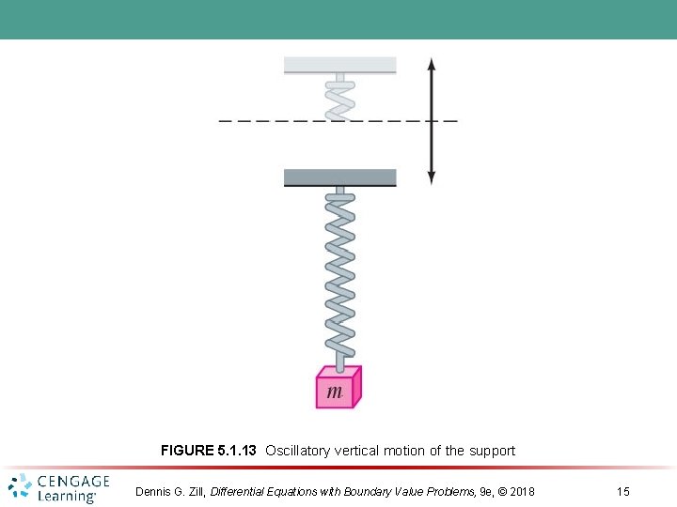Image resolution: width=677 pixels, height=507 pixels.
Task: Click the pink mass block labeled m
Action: (337, 388)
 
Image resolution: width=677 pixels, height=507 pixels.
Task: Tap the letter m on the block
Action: (334, 392)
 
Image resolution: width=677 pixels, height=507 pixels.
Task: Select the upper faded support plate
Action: (340, 65)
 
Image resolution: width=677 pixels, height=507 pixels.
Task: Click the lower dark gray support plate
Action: (340, 177)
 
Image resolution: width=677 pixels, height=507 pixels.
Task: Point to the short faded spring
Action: (340, 99)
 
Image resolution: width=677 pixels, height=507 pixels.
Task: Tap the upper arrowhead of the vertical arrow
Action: (432, 64)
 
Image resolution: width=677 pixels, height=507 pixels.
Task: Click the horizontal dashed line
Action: (282, 121)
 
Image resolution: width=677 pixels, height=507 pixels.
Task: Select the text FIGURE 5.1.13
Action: (208, 451)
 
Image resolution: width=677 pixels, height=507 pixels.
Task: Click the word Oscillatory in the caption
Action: (298, 451)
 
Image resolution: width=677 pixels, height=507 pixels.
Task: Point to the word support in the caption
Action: (491, 451)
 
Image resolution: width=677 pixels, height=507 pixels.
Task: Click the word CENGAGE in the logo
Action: (73, 481)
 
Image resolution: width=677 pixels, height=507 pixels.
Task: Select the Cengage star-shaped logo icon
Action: (21, 487)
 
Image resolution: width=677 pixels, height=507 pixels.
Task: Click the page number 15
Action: (622, 492)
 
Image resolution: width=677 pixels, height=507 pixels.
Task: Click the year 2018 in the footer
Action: (518, 492)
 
